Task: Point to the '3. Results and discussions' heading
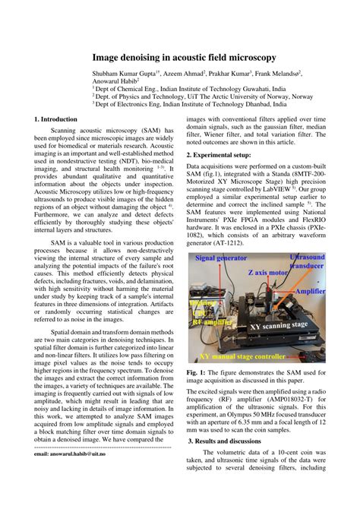[236, 441]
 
